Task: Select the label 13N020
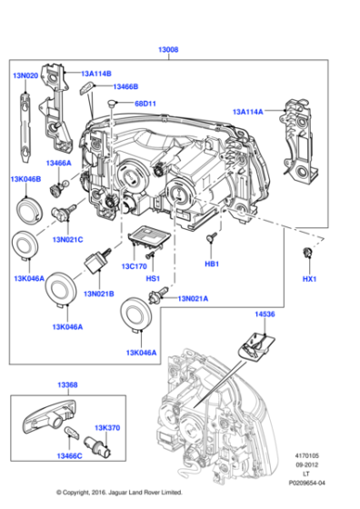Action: coord(26,77)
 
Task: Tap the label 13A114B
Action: coord(95,74)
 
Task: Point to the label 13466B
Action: coord(122,86)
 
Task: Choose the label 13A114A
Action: coord(247,111)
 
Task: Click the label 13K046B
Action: coord(25,180)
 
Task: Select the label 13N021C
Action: coord(67,239)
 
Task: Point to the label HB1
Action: coord(211,265)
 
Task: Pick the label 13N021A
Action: coord(192,298)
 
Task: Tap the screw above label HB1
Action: coord(211,236)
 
